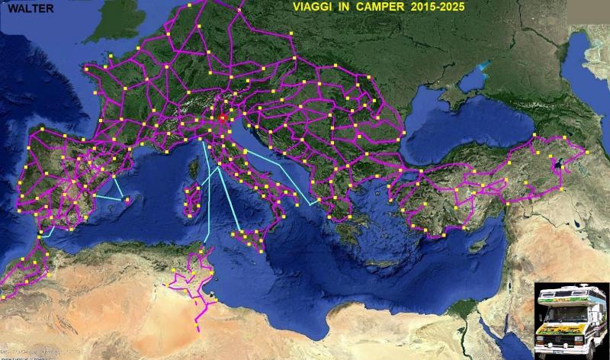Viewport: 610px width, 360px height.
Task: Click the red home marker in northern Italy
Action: pos(223,118)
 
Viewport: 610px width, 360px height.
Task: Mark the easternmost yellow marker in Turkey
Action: pos(586,152)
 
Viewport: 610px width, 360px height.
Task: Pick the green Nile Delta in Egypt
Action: pos(457,305)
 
